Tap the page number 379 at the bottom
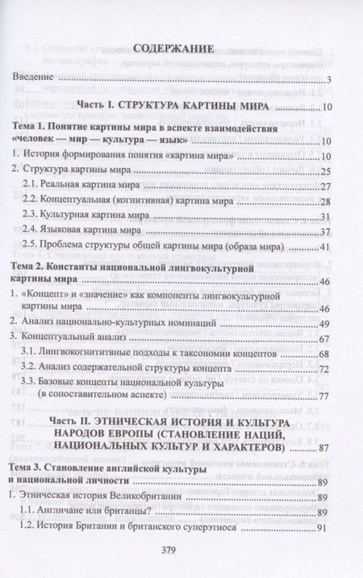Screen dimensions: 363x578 [181, 547]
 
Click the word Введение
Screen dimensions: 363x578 [36, 79]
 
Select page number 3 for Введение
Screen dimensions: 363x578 [331, 80]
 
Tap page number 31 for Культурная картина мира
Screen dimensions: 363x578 [327, 216]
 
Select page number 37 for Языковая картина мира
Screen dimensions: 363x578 [327, 232]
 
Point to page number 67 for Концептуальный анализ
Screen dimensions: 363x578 [327, 339]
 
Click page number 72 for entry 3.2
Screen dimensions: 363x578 [327, 369]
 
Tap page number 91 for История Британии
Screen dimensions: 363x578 [327, 529]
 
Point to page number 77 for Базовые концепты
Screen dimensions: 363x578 [327, 396]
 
